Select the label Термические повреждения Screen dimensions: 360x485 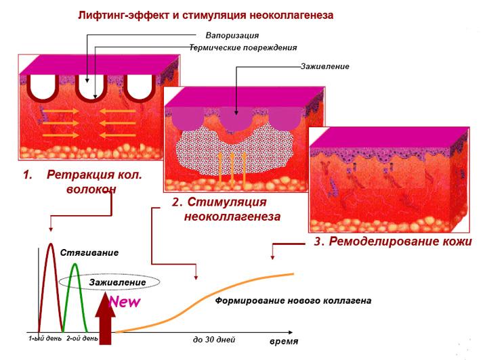coord(248,47)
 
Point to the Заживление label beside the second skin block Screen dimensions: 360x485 coord(324,66)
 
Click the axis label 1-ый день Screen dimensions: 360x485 coord(45,338)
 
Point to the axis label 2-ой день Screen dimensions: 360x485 coord(81,338)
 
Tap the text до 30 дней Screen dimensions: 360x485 coord(214,338)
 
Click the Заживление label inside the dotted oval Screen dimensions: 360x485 coord(108,282)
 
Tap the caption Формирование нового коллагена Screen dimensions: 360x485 coord(293,300)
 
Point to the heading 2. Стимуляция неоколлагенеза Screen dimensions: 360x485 coord(227,210)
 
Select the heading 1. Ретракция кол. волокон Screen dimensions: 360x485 coord(83,181)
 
